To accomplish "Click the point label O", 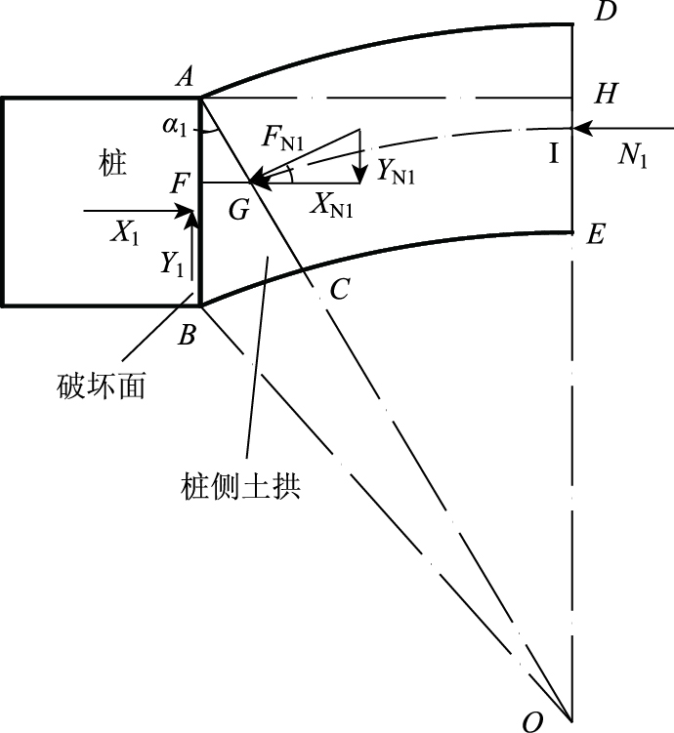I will coord(532,721).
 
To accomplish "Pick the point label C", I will coord(339,289).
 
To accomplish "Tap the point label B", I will coord(188,335).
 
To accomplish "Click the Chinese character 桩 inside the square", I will coord(113,162).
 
